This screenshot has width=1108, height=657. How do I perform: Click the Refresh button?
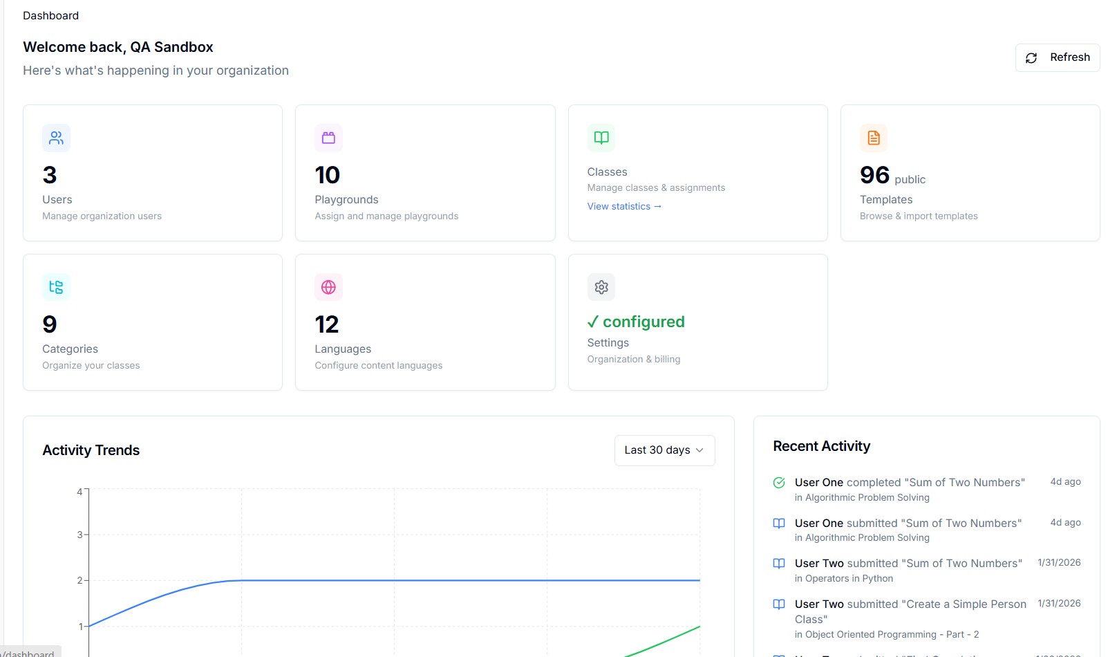(x=1058, y=57)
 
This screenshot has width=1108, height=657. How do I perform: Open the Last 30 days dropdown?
(x=664, y=450)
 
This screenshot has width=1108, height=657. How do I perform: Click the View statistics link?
(x=624, y=206)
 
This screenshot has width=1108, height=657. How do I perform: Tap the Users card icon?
(x=56, y=138)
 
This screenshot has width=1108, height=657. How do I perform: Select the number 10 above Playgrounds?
(x=328, y=175)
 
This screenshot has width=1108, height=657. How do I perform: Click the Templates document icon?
(x=874, y=138)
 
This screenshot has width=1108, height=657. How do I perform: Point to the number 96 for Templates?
(x=874, y=175)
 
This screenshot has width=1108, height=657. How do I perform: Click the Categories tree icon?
(x=56, y=287)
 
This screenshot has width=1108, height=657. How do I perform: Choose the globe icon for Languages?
(x=328, y=287)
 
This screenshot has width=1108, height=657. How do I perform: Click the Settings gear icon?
(x=601, y=287)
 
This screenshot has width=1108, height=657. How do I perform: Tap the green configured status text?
(x=636, y=322)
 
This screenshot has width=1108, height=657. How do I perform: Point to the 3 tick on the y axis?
(x=80, y=535)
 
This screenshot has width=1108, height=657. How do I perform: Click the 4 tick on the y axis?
(x=80, y=492)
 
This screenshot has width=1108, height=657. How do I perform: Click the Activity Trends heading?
(x=91, y=450)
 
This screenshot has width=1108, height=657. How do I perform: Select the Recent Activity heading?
(x=821, y=446)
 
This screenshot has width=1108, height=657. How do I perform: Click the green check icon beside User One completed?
(x=779, y=483)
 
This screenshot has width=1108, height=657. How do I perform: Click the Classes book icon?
(x=601, y=138)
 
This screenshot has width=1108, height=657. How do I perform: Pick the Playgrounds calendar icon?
(x=328, y=138)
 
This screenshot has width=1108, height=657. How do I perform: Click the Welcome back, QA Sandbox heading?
(x=118, y=47)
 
